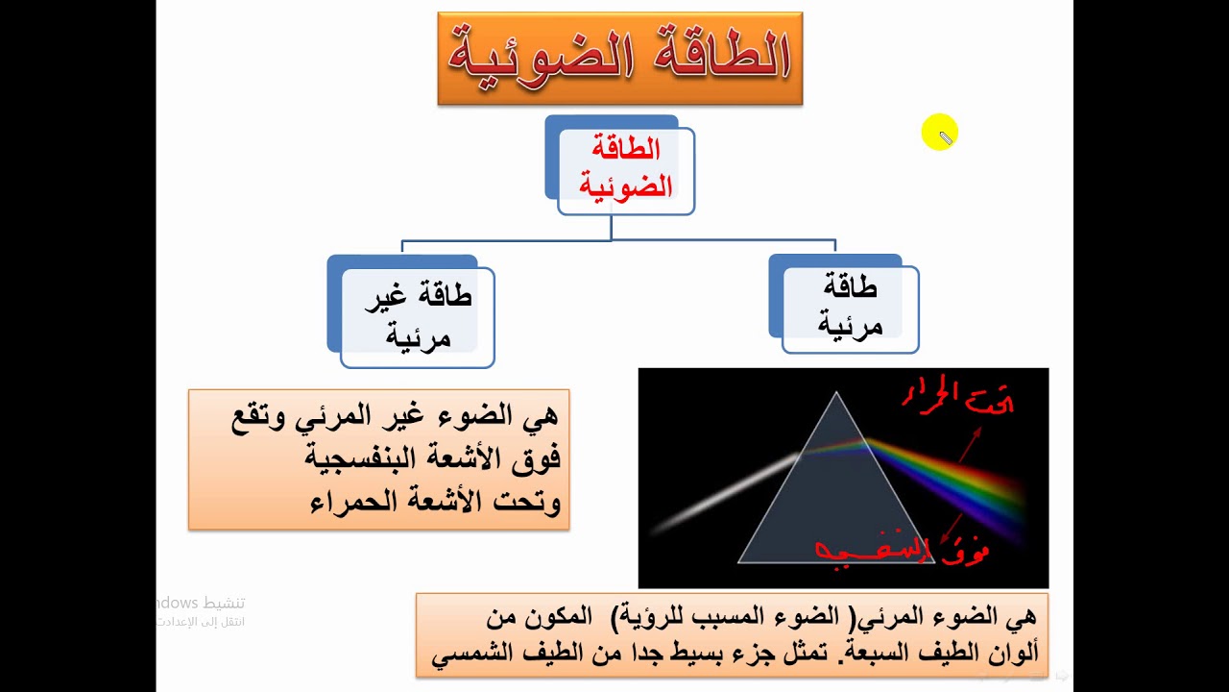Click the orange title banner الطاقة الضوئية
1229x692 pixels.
(619, 58)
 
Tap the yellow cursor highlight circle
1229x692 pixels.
(939, 133)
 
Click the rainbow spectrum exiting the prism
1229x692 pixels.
(951, 481)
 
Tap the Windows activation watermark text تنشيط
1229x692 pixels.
(222, 603)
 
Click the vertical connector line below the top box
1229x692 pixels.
(612, 228)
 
